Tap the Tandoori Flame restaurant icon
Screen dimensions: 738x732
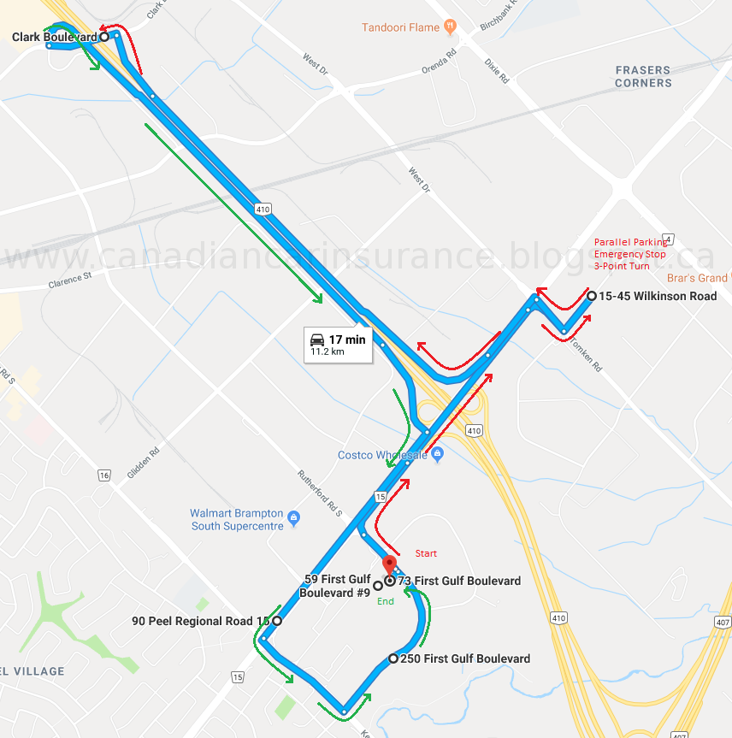[x=448, y=27]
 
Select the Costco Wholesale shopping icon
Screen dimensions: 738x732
[x=437, y=455]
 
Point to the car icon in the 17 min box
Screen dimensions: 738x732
[x=317, y=339]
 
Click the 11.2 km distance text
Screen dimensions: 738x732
[x=327, y=351]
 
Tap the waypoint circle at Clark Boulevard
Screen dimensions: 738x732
[x=103, y=37]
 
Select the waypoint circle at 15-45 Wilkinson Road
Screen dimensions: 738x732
[x=591, y=296]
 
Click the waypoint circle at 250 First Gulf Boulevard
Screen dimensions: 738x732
[x=393, y=658]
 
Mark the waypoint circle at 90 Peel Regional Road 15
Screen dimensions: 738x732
[x=277, y=621]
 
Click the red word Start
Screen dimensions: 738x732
[x=426, y=553]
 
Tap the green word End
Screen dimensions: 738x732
[x=385, y=601]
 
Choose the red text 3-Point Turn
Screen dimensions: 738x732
[x=622, y=266]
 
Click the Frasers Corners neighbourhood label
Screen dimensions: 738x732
[x=643, y=76]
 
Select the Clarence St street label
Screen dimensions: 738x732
[x=69, y=281]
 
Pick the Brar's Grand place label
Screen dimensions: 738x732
[x=697, y=278]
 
